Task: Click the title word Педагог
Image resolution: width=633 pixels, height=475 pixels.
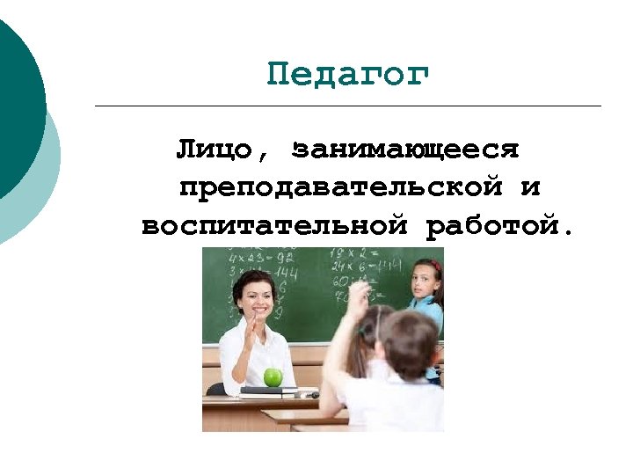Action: tap(348, 76)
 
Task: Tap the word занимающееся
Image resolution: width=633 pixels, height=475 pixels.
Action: tap(407, 148)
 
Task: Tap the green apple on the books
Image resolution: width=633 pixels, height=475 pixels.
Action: tap(273, 376)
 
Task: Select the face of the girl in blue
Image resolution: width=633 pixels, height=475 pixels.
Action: tap(425, 282)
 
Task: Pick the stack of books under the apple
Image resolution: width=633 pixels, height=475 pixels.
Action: tap(268, 391)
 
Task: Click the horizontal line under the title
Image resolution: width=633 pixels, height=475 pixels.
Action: tap(347, 106)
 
